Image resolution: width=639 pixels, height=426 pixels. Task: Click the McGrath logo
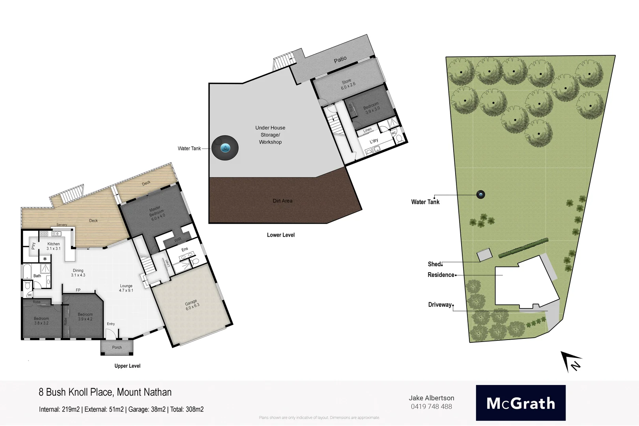coord(520,403)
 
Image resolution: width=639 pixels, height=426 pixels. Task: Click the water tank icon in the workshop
coord(225,148)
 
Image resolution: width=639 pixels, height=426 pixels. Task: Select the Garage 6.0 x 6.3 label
coord(192,305)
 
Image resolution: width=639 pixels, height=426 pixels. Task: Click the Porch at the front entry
coord(117,348)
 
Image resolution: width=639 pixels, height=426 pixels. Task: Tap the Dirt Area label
coord(282,201)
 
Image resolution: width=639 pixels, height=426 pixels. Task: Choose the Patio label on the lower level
coord(340,60)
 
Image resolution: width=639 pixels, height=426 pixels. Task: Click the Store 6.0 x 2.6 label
coord(348,84)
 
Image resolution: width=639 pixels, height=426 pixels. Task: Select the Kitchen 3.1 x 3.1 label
coord(54,246)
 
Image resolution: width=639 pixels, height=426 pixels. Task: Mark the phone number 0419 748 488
coord(431,407)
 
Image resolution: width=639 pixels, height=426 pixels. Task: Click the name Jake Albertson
coord(431,398)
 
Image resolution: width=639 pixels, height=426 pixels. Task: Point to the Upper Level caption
coord(127,366)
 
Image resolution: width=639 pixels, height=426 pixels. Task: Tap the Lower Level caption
coord(280,235)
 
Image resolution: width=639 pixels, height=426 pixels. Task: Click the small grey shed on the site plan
coord(484,254)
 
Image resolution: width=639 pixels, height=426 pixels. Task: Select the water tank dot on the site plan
coord(480,194)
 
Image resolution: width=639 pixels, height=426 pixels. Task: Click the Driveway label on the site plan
coord(440,305)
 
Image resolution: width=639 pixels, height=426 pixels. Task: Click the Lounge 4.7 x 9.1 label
coord(126,288)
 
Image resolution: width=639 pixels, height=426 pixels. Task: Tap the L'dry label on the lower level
coord(374,141)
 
